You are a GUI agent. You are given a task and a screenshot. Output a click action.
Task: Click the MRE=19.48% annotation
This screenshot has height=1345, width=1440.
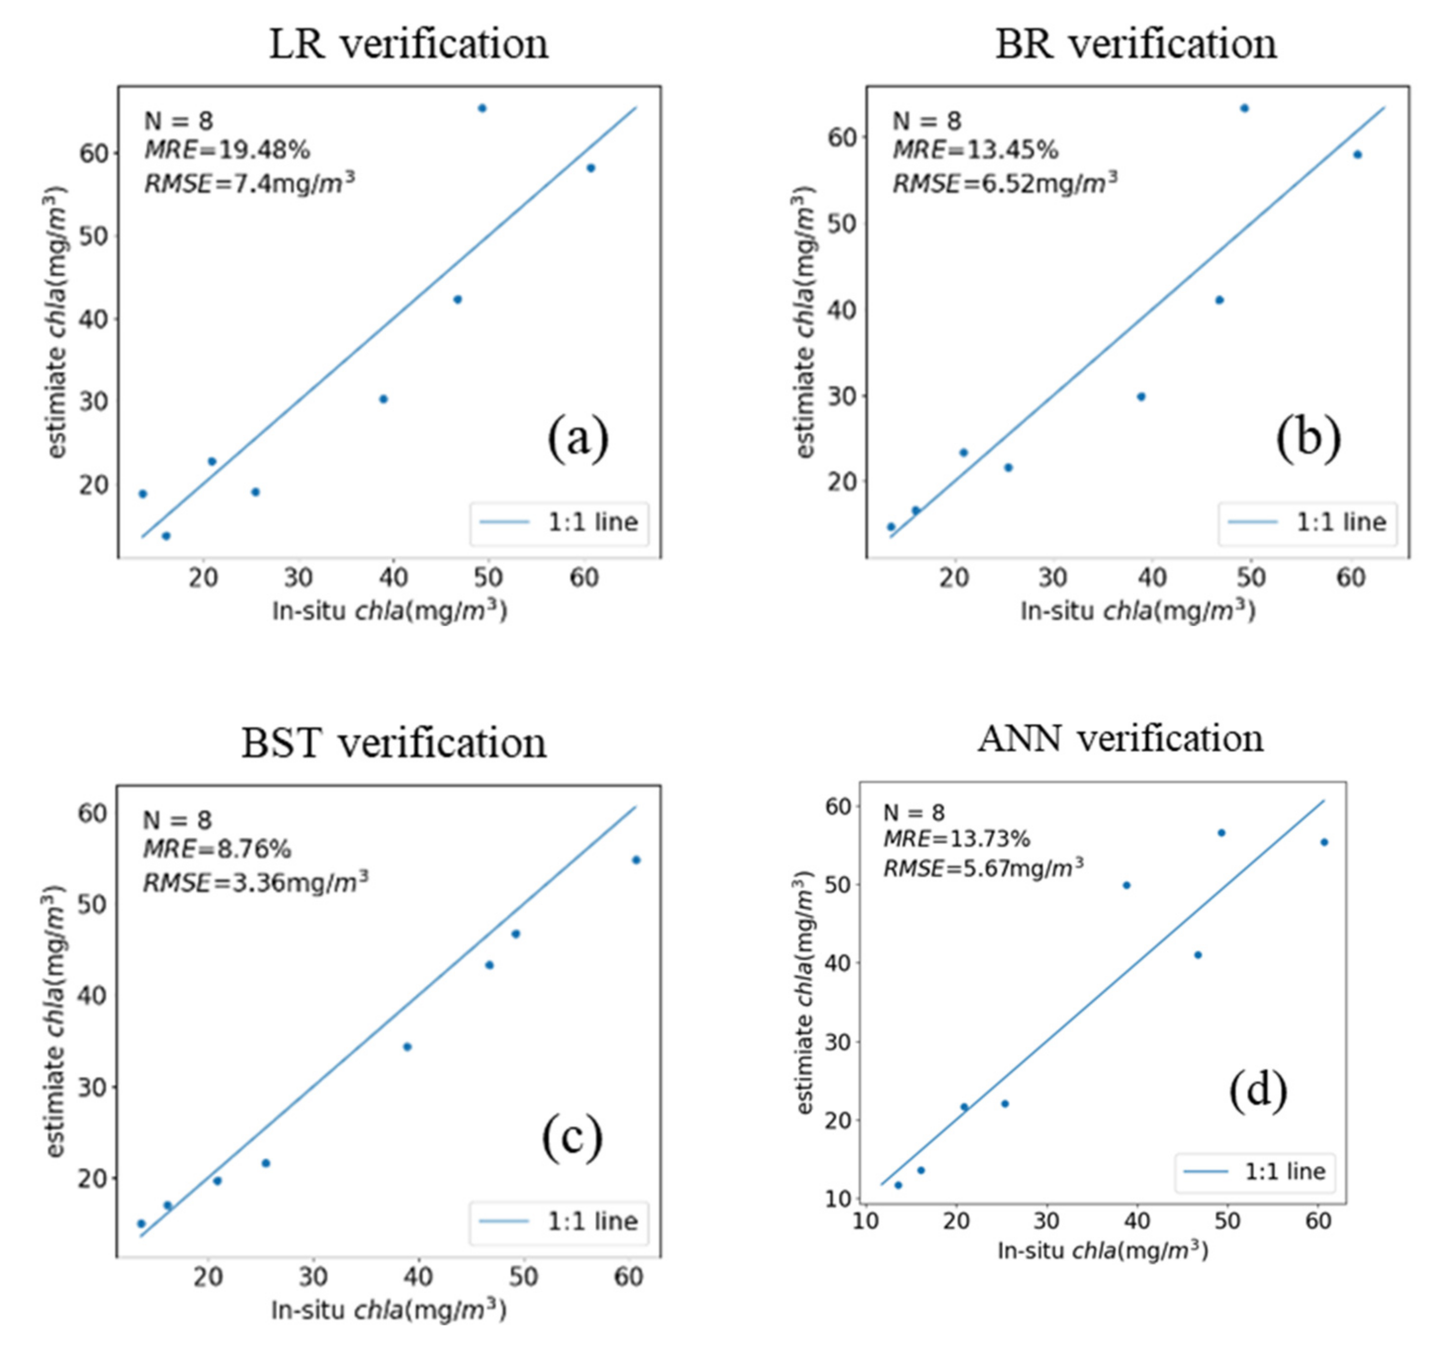click(x=226, y=151)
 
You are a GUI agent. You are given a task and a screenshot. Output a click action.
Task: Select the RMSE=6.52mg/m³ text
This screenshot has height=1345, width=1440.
click(x=1005, y=183)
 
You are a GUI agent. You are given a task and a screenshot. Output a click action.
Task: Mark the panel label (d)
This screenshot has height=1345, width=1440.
click(x=1258, y=1089)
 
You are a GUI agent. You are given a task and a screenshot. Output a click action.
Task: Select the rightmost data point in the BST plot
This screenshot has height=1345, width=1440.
click(x=636, y=860)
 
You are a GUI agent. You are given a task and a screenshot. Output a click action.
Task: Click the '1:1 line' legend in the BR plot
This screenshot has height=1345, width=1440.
click(x=1307, y=522)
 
